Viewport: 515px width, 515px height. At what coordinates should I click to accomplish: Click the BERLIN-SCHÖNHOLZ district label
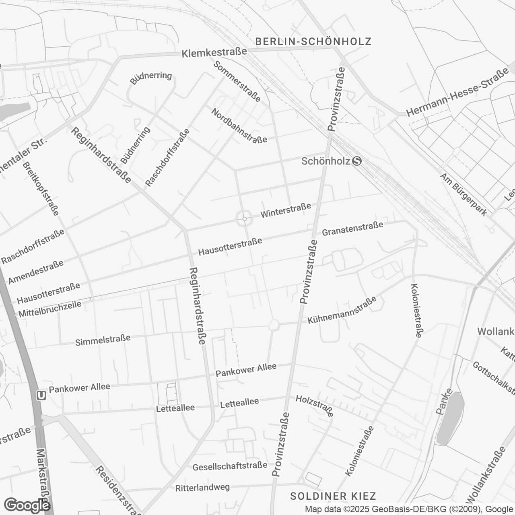pyautogui.click(x=313, y=41)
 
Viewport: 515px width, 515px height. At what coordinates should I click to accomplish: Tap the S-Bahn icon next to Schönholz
pyautogui.click(x=356, y=161)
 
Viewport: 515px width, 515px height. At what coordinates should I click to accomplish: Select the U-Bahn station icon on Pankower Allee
pyautogui.click(x=41, y=396)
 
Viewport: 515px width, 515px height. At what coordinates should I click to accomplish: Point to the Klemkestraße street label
pyautogui.click(x=214, y=53)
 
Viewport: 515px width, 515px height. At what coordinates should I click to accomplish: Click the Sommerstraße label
pyautogui.click(x=237, y=82)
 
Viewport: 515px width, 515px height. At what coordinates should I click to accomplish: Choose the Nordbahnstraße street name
pyautogui.click(x=239, y=126)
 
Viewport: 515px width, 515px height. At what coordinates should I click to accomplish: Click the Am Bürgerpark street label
pyautogui.click(x=463, y=194)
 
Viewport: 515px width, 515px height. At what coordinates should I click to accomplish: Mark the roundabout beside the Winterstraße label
pyautogui.click(x=244, y=219)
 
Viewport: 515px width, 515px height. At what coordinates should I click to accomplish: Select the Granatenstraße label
pyautogui.click(x=352, y=229)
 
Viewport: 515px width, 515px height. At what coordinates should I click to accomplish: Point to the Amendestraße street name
pyautogui.click(x=36, y=272)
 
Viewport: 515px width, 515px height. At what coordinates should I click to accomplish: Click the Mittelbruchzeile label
pyautogui.click(x=50, y=309)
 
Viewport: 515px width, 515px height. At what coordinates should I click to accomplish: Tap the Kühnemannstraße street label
pyautogui.click(x=342, y=310)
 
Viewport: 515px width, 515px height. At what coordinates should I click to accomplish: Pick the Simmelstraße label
pyautogui.click(x=103, y=340)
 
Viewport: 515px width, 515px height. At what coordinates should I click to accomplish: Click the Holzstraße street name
pyautogui.click(x=315, y=406)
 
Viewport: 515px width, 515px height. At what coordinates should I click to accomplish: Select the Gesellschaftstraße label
pyautogui.click(x=230, y=466)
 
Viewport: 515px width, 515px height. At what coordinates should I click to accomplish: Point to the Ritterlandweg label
pyautogui.click(x=202, y=488)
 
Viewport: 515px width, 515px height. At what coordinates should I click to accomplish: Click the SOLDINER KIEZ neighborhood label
pyautogui.click(x=333, y=496)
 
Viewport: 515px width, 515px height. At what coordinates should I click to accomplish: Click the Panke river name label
pyautogui.click(x=444, y=402)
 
